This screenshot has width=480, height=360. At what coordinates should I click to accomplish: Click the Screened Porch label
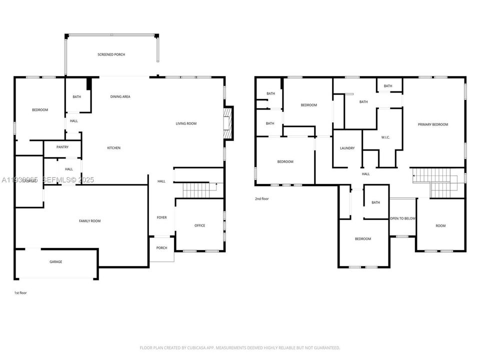[x=111, y=54]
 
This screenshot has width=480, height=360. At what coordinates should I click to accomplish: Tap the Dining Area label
[x=120, y=96]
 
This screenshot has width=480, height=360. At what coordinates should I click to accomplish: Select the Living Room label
[x=185, y=123]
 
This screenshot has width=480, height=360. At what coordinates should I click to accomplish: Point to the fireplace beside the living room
[x=228, y=123]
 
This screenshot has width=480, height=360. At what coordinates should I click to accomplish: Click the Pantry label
[x=62, y=147]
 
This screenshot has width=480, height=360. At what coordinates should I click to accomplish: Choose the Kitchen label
[x=113, y=148]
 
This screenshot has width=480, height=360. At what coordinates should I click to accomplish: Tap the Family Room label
[x=90, y=220]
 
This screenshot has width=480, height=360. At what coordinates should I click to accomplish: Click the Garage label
[x=55, y=261]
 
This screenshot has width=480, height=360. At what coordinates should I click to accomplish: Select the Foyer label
[x=161, y=217]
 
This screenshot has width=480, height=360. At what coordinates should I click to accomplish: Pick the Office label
[x=199, y=225]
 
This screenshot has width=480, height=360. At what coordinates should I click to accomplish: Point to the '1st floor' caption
[x=20, y=292]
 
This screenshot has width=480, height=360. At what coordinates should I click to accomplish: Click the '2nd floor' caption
[x=261, y=199]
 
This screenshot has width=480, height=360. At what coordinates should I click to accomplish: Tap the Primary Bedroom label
[x=432, y=124]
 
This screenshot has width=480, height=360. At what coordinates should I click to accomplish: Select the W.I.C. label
[x=385, y=137]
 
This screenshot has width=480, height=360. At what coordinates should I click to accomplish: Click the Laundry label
[x=347, y=148]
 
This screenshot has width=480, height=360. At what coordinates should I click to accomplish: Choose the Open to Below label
[x=403, y=218]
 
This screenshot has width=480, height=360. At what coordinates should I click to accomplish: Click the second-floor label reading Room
[x=440, y=226]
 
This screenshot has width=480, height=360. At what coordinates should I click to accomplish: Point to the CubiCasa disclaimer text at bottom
[x=239, y=347]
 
